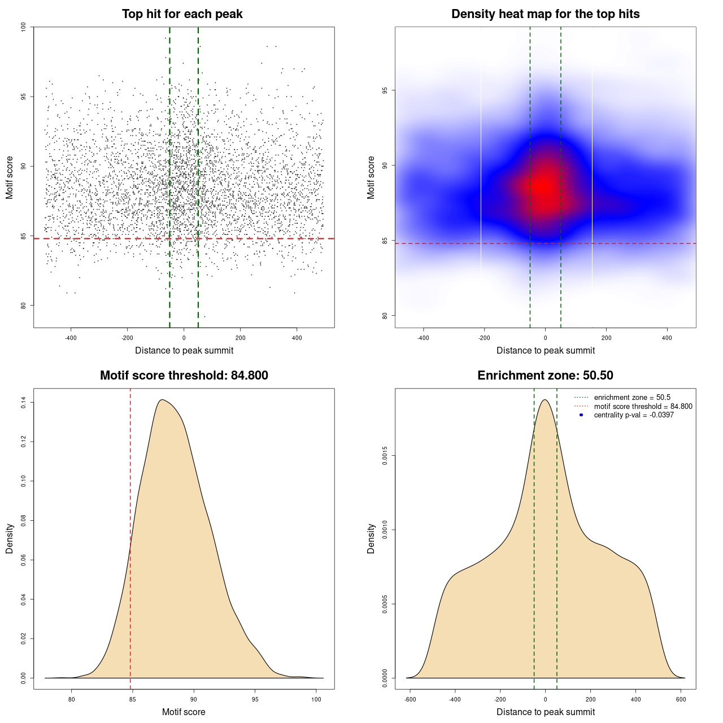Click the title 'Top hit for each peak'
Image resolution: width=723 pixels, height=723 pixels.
[x=182, y=14]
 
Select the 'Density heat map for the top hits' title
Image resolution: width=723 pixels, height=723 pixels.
[x=545, y=14]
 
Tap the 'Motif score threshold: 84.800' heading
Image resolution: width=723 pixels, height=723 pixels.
[x=184, y=376]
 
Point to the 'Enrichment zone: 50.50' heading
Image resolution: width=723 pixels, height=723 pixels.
[x=545, y=376]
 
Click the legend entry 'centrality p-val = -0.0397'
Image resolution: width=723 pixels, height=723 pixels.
[x=634, y=415]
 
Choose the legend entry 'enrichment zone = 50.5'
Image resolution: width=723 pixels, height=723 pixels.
[x=632, y=398]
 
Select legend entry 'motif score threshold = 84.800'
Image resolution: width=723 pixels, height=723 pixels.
[x=643, y=406]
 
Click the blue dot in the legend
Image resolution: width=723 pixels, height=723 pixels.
[x=581, y=415]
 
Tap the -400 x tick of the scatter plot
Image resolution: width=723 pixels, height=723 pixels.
[x=71, y=338]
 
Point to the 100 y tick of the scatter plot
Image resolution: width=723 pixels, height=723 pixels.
[x=23, y=27]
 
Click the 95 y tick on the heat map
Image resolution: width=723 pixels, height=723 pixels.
[x=385, y=90]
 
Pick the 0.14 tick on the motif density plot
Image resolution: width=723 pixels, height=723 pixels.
[x=23, y=402]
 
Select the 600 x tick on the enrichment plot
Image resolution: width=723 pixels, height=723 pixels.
[x=681, y=699]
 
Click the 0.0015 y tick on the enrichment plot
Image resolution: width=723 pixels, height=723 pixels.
[x=385, y=455]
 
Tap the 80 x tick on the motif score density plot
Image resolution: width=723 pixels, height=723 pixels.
[x=72, y=699]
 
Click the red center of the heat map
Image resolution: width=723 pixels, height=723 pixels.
[x=545, y=186]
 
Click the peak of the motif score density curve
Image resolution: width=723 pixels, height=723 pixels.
[x=162, y=400]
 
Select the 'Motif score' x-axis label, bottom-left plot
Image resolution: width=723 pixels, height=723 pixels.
[x=184, y=712]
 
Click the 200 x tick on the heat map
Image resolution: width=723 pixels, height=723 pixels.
[x=606, y=338]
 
